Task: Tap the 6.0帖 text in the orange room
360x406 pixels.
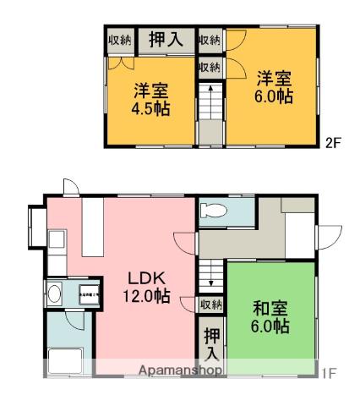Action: [x=275, y=97]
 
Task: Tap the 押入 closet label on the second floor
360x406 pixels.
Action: [x=165, y=39]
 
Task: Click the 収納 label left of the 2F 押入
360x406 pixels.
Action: [x=119, y=39]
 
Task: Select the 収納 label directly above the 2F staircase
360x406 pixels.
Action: [x=210, y=67]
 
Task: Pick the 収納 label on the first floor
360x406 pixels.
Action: [x=211, y=304]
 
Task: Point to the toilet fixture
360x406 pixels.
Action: [x=216, y=211]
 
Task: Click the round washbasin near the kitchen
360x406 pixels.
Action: [x=55, y=294]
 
